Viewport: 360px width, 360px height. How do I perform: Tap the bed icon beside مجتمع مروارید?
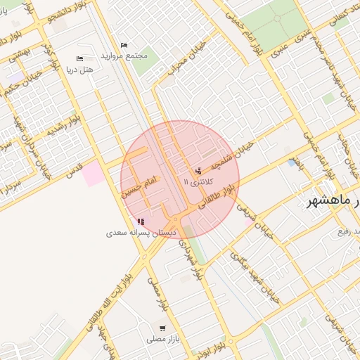coord(124,46)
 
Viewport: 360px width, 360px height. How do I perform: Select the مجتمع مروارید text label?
coord(124,55)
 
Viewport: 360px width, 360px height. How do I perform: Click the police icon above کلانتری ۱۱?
coord(198,171)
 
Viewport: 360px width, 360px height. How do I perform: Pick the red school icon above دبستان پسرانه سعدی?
coord(141,221)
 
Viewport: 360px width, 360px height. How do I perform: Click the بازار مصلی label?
coord(164,339)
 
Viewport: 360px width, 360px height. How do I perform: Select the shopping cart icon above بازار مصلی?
coord(163,328)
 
